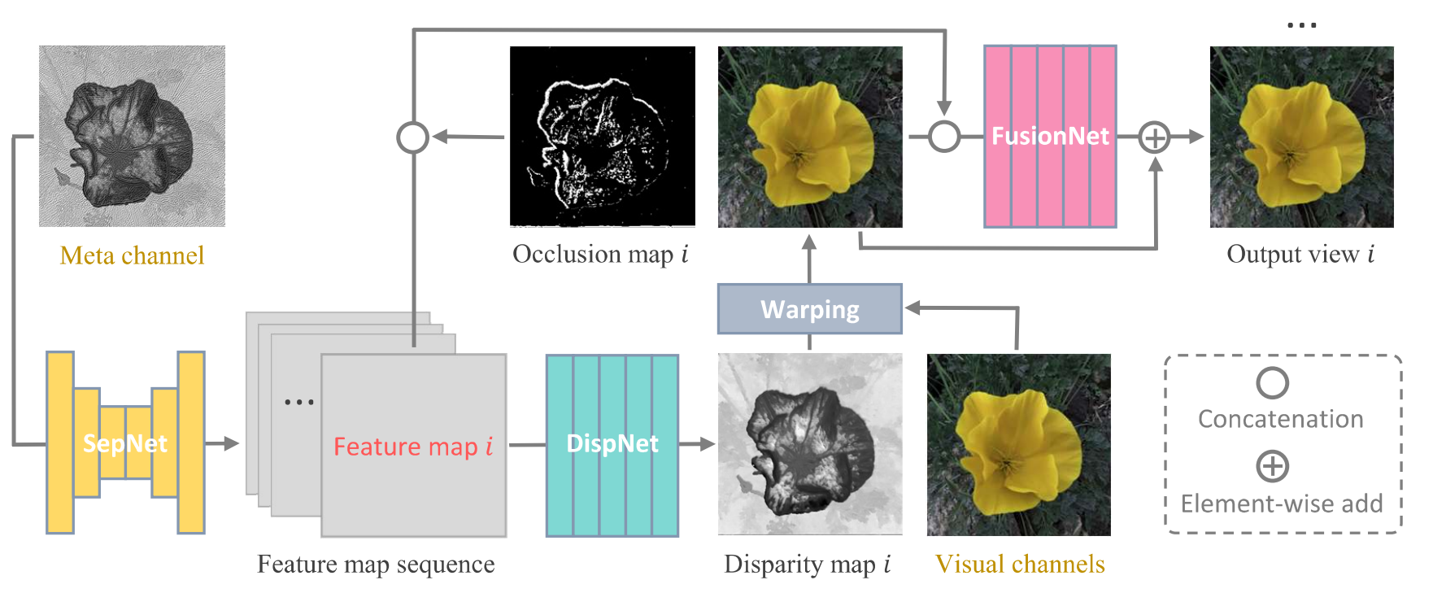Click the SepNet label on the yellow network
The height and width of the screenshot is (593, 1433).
pos(125,443)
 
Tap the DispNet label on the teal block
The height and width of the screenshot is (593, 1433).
pos(612,443)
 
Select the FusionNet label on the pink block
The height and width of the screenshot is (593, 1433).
pos(1050,136)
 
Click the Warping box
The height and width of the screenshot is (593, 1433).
pos(810,309)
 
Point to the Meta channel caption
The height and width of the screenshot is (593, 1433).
pos(132,255)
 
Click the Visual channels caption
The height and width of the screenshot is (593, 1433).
pos(1020,564)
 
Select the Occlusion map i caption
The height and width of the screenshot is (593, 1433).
pos(600,254)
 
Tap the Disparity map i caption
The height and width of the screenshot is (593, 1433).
pos(808,564)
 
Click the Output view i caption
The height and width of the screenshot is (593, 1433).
pos(1300,254)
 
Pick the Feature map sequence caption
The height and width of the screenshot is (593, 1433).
pos(376,564)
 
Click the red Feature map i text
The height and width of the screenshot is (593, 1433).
pos(413,447)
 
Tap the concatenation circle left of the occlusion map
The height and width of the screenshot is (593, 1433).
pos(412,137)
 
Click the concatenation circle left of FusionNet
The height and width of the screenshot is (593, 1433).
pos(944,137)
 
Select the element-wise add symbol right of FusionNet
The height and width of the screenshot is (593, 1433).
pos(1154,137)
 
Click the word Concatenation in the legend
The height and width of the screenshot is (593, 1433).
pos(1281,419)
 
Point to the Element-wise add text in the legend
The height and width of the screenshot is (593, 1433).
pos(1282,504)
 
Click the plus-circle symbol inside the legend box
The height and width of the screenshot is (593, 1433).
pos(1273,467)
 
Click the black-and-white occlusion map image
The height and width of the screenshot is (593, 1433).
pos(603,136)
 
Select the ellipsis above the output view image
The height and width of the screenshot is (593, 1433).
pos(1302,25)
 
